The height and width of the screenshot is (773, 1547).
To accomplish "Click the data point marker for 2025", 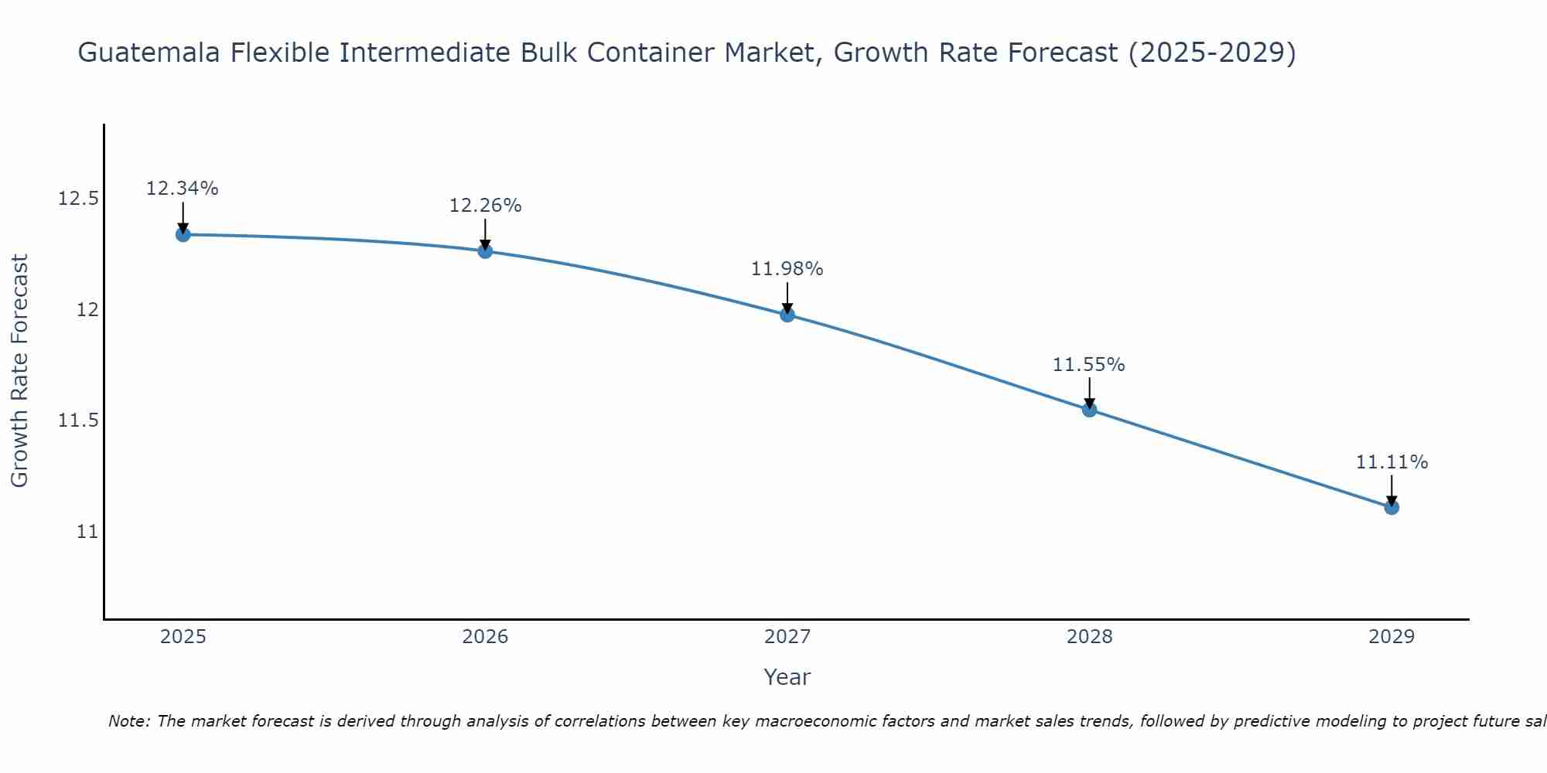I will [x=183, y=234].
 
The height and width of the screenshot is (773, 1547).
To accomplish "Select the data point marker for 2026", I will [x=485, y=251].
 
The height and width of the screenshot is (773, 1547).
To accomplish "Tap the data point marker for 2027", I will [x=787, y=315].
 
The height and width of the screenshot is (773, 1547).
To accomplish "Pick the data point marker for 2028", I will [x=1089, y=410].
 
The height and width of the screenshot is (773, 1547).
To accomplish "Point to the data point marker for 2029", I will [x=1392, y=507].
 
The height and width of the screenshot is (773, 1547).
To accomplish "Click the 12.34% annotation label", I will [x=183, y=189].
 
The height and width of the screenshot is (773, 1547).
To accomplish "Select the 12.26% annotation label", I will [x=485, y=206].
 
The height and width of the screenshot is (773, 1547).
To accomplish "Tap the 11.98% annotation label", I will [x=787, y=269].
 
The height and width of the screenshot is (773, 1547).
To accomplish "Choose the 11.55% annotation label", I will [x=1089, y=364].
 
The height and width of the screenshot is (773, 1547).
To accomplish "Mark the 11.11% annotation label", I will [x=1392, y=462].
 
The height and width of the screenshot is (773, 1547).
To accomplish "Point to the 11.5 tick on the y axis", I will [x=78, y=421].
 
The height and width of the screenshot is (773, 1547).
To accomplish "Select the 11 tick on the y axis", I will [x=87, y=532].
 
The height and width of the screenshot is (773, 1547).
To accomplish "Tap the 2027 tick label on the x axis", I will [x=787, y=637].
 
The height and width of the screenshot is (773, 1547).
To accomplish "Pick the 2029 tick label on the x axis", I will [x=1392, y=637].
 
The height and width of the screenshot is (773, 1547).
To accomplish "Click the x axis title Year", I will [x=787, y=677].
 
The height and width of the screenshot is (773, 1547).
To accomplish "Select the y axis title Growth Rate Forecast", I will [x=20, y=371].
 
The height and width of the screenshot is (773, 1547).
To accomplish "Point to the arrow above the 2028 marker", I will [x=1089, y=393].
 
